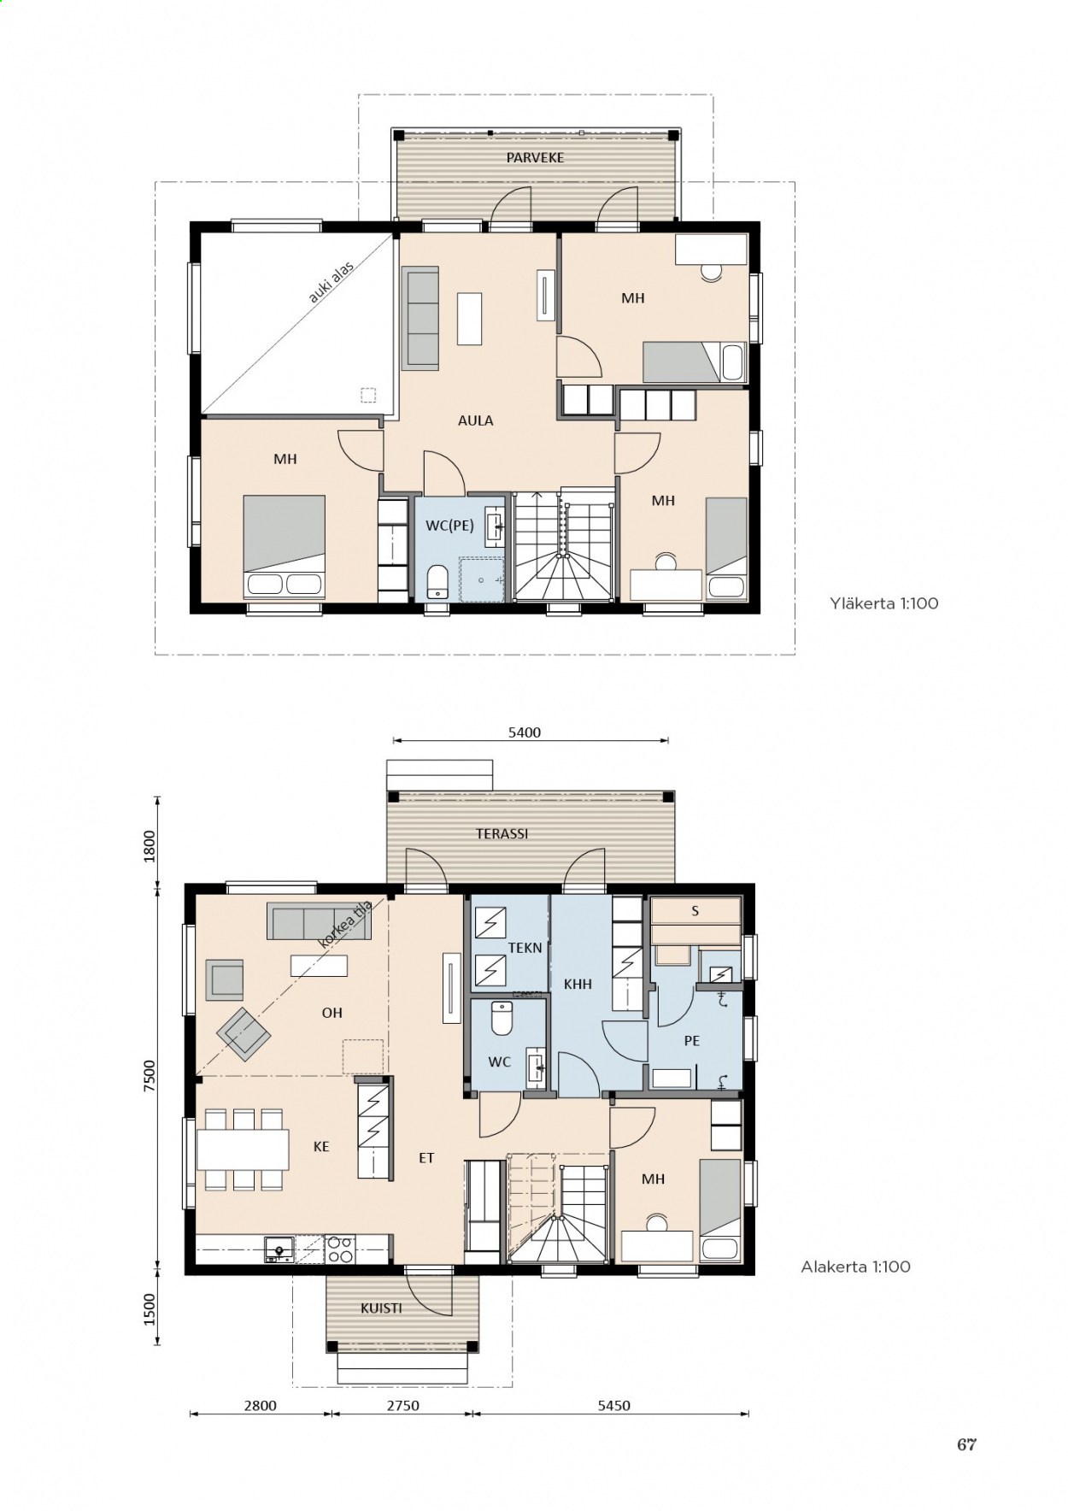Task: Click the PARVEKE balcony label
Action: tap(535, 157)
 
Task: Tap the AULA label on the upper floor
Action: tap(475, 420)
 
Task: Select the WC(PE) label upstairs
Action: tap(449, 526)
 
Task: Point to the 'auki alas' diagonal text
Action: tap(331, 283)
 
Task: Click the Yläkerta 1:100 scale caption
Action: tap(883, 603)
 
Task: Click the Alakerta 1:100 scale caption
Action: tap(855, 1267)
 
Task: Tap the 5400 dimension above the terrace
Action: tap(525, 732)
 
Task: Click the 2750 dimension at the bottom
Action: tap(402, 1406)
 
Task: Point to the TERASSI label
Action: tap(502, 834)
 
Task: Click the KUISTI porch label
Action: tap(381, 1308)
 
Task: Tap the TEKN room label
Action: tap(525, 948)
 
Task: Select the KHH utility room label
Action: tap(578, 985)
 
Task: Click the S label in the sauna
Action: tap(695, 911)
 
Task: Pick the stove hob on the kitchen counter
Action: tap(340, 1249)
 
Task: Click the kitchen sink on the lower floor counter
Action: tap(279, 1249)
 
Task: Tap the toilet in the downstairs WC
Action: tap(502, 1018)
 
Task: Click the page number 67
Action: tap(966, 1444)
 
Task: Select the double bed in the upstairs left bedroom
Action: tap(284, 546)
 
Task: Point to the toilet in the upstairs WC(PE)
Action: tap(437, 581)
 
